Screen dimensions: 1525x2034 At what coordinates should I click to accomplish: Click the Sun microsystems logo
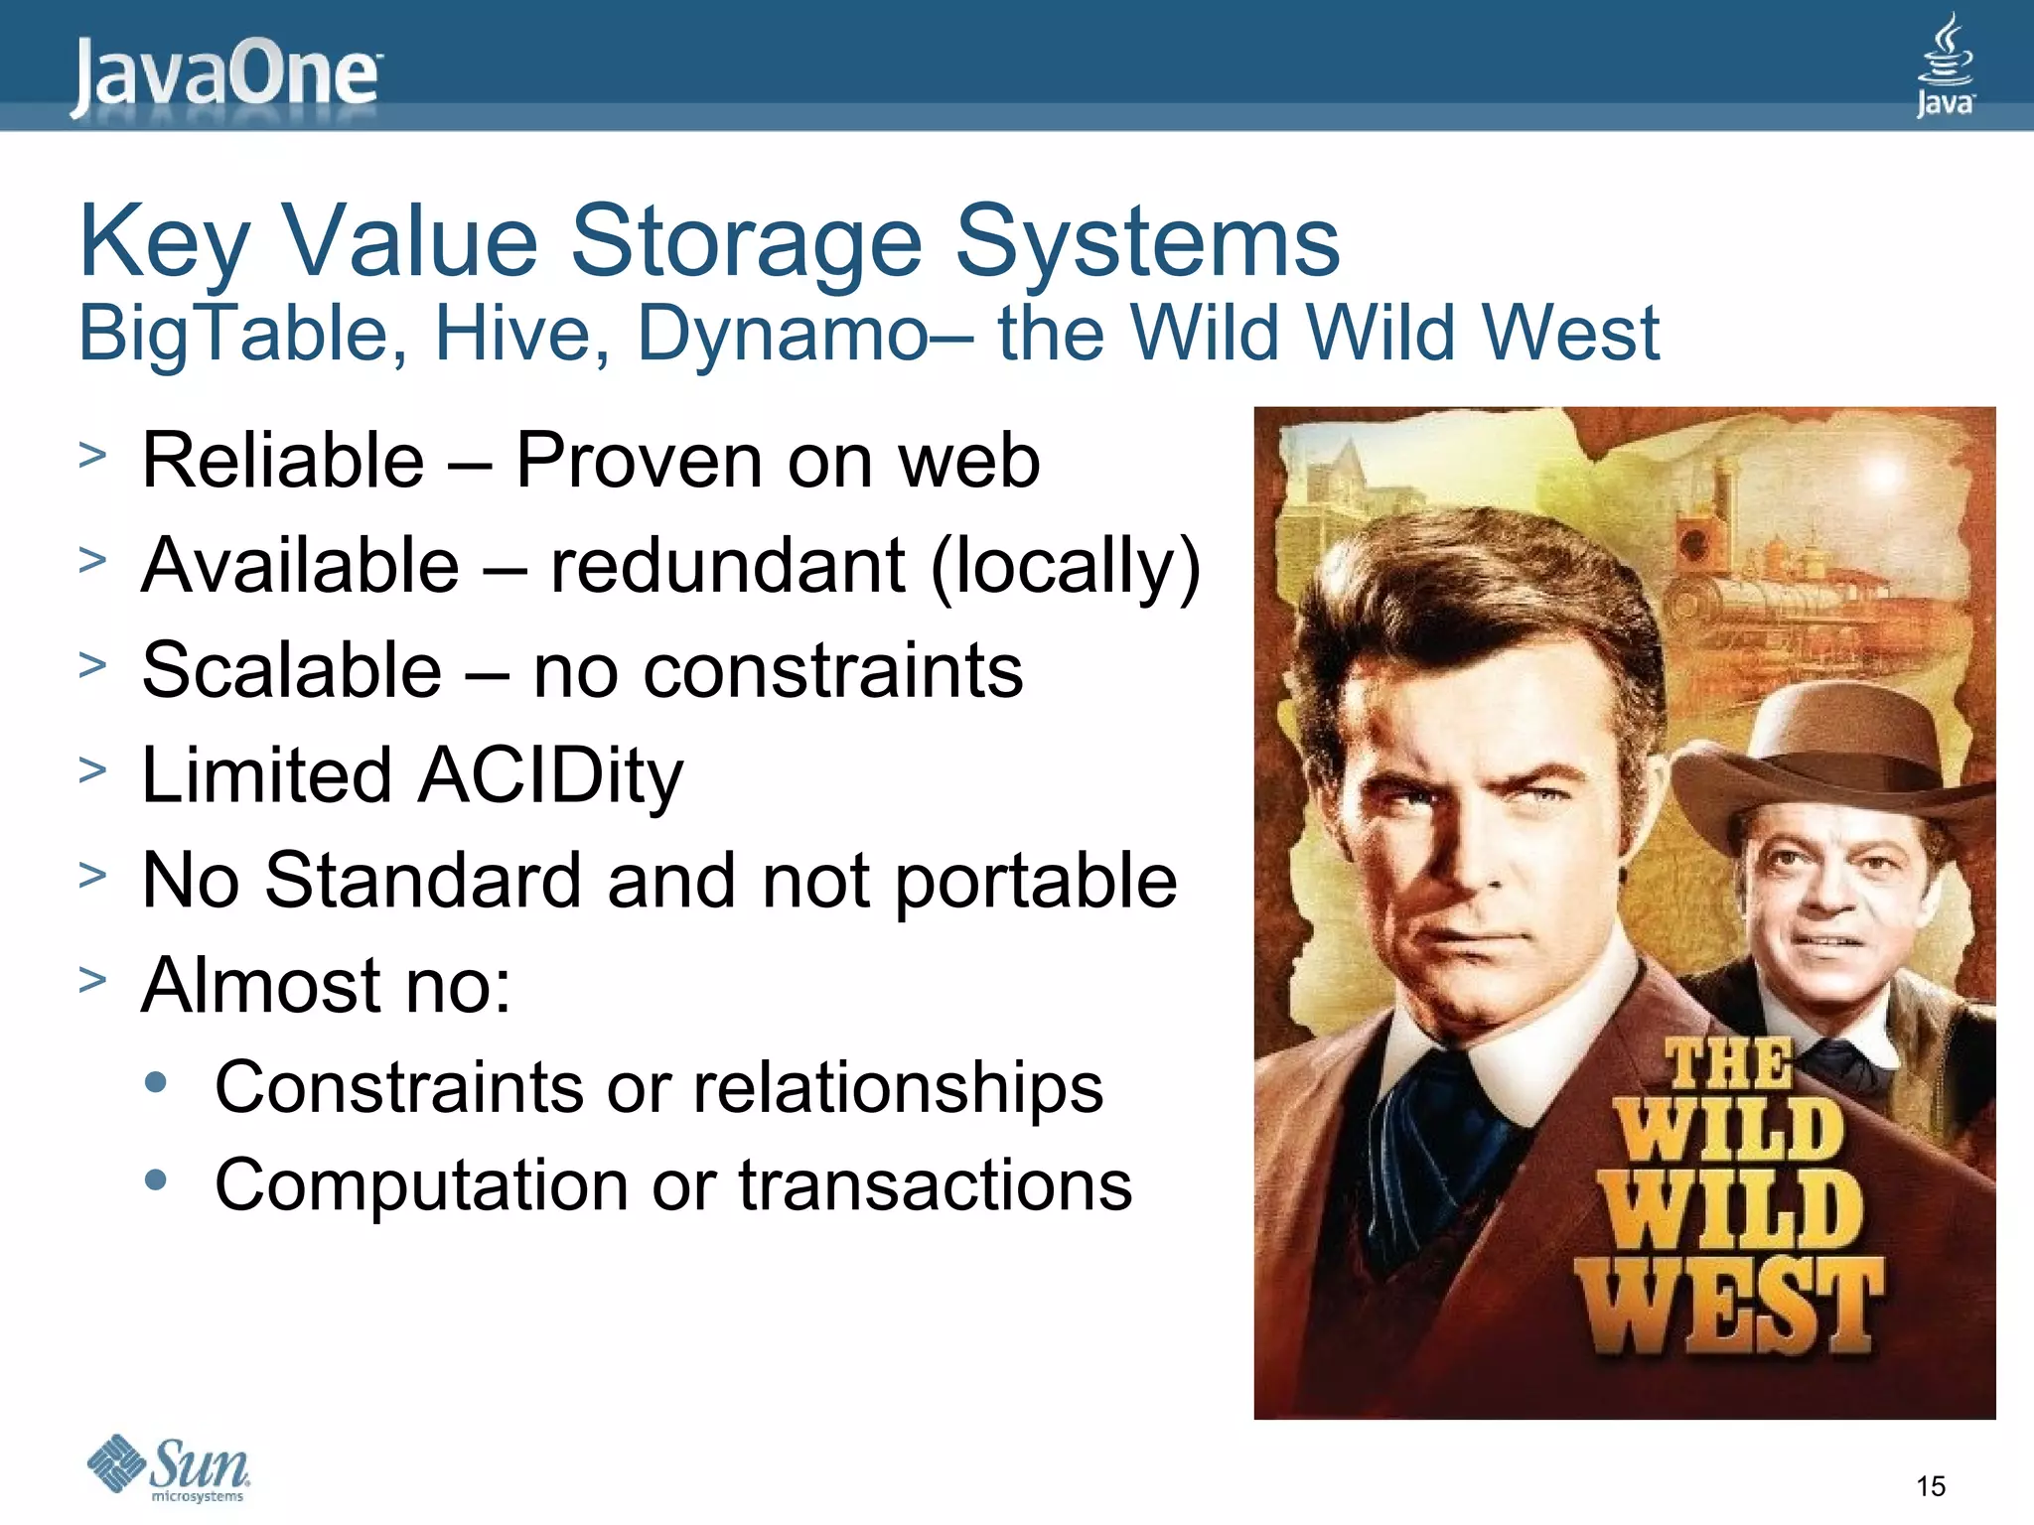point(170,1467)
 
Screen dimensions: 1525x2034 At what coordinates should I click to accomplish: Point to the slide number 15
point(1930,1486)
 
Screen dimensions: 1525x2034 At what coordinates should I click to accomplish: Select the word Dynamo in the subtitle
point(783,334)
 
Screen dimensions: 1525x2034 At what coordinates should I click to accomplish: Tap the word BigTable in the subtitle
point(242,334)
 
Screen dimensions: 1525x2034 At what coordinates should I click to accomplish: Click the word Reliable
point(283,461)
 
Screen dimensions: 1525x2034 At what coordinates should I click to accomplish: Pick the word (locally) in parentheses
point(1065,566)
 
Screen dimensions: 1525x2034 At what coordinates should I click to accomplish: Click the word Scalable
point(291,670)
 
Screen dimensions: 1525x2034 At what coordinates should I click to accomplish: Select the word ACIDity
point(550,775)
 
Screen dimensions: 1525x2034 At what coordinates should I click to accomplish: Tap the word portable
point(1035,881)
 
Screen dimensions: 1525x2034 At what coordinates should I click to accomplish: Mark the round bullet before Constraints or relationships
point(156,1082)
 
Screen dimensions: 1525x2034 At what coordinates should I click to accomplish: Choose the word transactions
point(935,1185)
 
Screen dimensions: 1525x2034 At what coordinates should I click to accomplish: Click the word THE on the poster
point(1729,1064)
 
